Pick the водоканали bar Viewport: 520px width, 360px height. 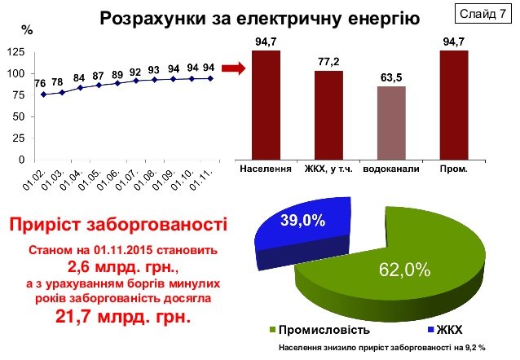click(x=391, y=122)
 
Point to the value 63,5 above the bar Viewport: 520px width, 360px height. click(x=392, y=79)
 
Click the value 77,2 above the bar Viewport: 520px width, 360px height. click(x=329, y=62)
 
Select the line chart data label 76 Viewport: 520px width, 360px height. click(x=40, y=83)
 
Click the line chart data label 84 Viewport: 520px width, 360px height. click(x=78, y=77)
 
